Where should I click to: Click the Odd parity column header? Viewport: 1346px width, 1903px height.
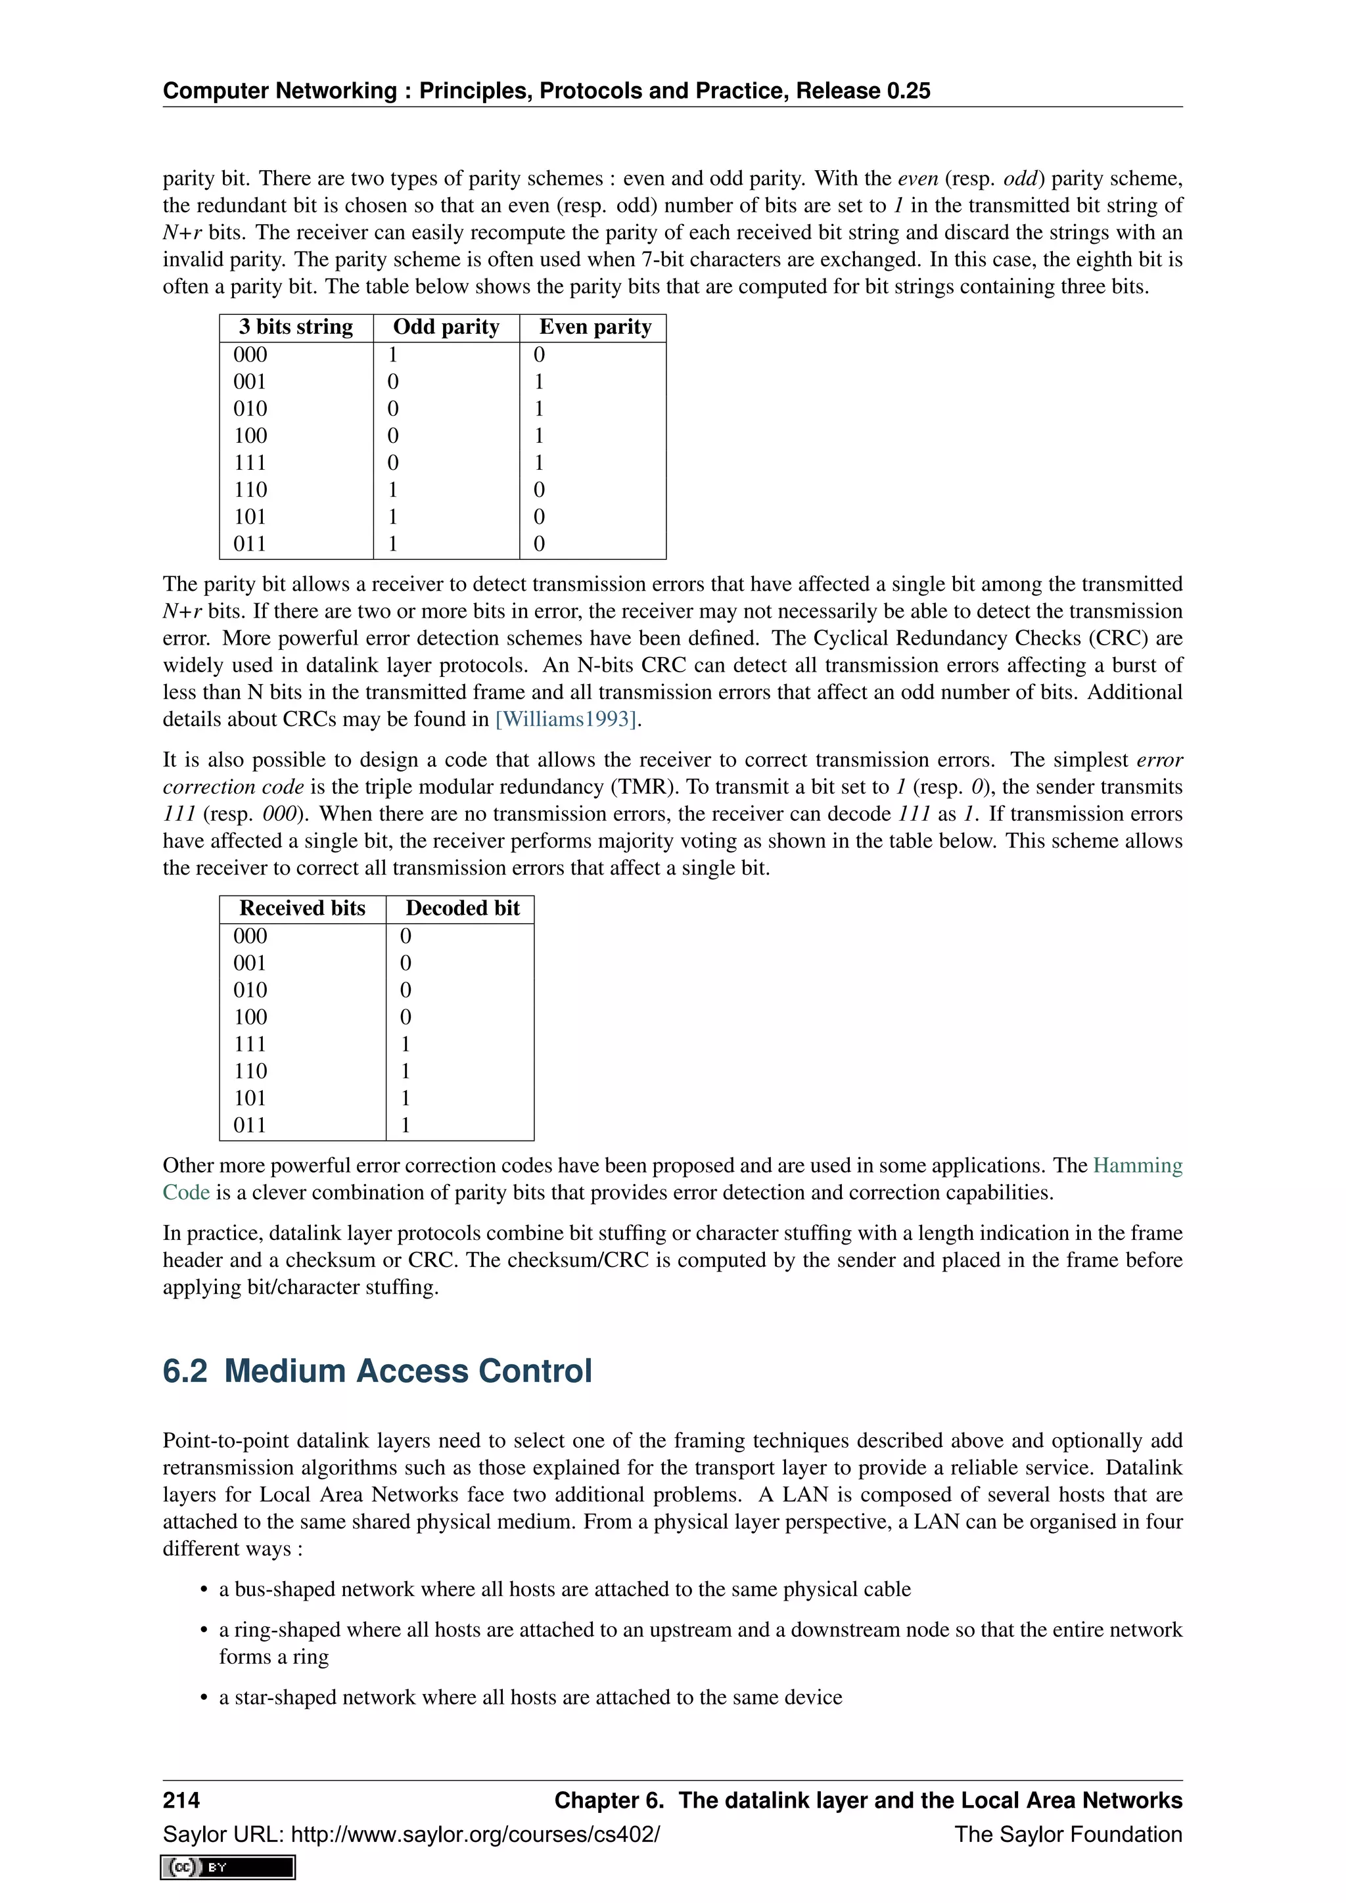[x=446, y=327]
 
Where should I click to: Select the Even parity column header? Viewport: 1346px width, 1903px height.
[x=594, y=327]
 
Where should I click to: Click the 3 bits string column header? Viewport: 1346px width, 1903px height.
[x=296, y=327]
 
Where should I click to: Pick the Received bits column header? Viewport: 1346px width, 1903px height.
[x=302, y=907]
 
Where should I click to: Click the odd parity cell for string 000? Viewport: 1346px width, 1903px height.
[x=393, y=355]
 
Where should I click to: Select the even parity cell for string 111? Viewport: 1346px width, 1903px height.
[x=539, y=463]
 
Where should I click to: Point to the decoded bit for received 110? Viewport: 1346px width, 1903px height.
[x=406, y=1071]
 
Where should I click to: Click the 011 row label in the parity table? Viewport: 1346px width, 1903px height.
[x=250, y=543]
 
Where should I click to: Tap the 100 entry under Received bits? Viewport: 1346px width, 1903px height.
[x=250, y=1017]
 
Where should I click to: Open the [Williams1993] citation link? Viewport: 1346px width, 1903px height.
[x=566, y=719]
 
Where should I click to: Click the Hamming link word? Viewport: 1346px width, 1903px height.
[x=1137, y=1165]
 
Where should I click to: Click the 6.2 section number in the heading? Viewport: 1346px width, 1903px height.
[x=185, y=1371]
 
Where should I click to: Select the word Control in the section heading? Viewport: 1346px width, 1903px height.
[x=534, y=1371]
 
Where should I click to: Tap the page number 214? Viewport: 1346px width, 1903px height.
[x=181, y=1799]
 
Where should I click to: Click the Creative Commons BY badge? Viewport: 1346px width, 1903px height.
[x=228, y=1867]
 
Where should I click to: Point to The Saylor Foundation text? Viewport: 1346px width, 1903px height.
[x=1067, y=1834]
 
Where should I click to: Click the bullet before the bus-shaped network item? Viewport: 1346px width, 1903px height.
[x=203, y=1590]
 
